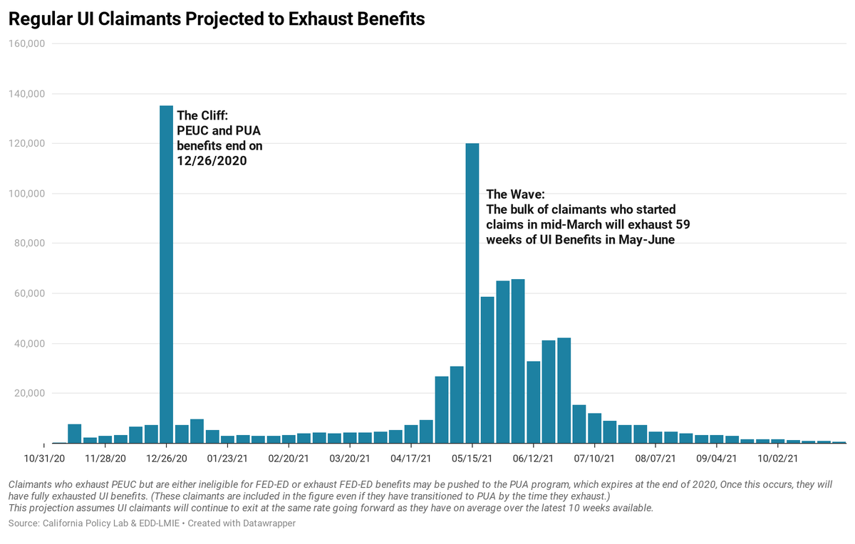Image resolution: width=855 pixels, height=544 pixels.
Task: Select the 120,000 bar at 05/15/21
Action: [x=472, y=293]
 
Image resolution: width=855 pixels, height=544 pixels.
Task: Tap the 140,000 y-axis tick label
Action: [x=26, y=94]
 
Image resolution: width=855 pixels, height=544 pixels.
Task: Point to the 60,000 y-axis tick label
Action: [x=28, y=293]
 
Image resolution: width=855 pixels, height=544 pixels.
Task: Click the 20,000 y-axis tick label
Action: [x=28, y=393]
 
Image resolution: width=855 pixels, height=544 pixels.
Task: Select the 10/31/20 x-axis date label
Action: [x=44, y=458]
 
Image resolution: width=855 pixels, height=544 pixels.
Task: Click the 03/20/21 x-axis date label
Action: [x=350, y=458]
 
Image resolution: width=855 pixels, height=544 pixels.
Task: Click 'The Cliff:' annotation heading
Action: [x=202, y=115]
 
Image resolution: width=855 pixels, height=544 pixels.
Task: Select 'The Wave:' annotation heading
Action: [x=516, y=194]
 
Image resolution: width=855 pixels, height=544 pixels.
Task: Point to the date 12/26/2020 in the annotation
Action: [x=212, y=161]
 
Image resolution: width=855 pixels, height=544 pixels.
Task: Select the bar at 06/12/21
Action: [x=533, y=402]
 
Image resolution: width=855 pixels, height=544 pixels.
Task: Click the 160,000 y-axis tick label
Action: [x=26, y=44]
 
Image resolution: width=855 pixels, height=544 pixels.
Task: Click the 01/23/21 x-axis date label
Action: [x=227, y=458]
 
